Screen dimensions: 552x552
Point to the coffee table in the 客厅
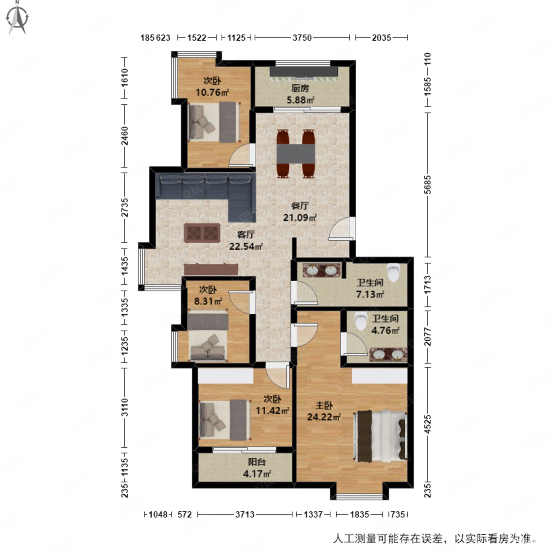tap(202, 233)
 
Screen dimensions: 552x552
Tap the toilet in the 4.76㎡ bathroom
tap(360, 321)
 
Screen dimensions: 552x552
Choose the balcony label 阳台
tap(257, 463)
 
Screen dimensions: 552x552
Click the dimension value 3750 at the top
tap(302, 38)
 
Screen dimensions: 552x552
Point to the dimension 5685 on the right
tap(428, 184)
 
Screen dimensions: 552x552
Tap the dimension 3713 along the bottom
tap(245, 514)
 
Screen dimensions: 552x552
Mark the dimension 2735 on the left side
tap(124, 207)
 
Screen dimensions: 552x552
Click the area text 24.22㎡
tap(324, 417)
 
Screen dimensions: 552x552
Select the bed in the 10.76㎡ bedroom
tap(213, 122)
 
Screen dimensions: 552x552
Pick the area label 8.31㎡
tap(209, 301)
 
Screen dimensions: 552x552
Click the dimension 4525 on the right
tap(428, 424)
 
